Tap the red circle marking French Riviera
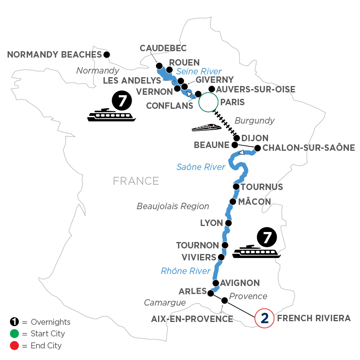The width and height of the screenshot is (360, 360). pyautogui.click(x=264, y=318)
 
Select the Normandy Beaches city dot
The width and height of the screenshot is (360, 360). pyautogui.click(x=106, y=54)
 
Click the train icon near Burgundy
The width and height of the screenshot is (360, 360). pyautogui.click(x=206, y=127)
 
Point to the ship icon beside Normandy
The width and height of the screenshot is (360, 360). pyautogui.click(x=112, y=114)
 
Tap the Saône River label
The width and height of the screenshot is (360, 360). pyautogui.click(x=201, y=167)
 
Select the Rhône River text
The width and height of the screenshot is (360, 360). pyautogui.click(x=186, y=271)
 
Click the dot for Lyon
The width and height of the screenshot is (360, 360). pyautogui.click(x=228, y=223)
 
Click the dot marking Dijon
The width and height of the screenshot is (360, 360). pyautogui.click(x=237, y=138)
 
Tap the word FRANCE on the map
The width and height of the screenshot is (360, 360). pyautogui.click(x=136, y=181)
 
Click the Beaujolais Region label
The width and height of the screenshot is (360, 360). pyautogui.click(x=173, y=206)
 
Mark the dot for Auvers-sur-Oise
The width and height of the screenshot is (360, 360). pyautogui.click(x=212, y=89)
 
